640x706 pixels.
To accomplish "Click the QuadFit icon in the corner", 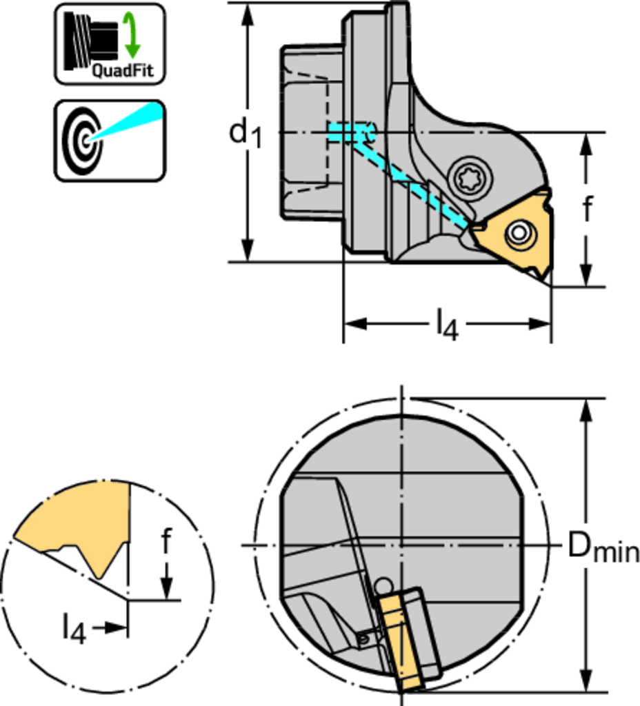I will coord(110,43).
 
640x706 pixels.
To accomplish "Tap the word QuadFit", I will coord(123,70).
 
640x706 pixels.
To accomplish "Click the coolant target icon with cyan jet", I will coord(110,141).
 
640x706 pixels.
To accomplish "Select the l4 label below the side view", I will coord(446,324).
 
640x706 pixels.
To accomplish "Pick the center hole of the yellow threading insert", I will coord(519,234).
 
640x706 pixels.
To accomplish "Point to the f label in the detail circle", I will coord(166,542).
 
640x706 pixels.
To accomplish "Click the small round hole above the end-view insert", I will coord(381,586).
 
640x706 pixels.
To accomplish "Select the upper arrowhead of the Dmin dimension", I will coord(586,410).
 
